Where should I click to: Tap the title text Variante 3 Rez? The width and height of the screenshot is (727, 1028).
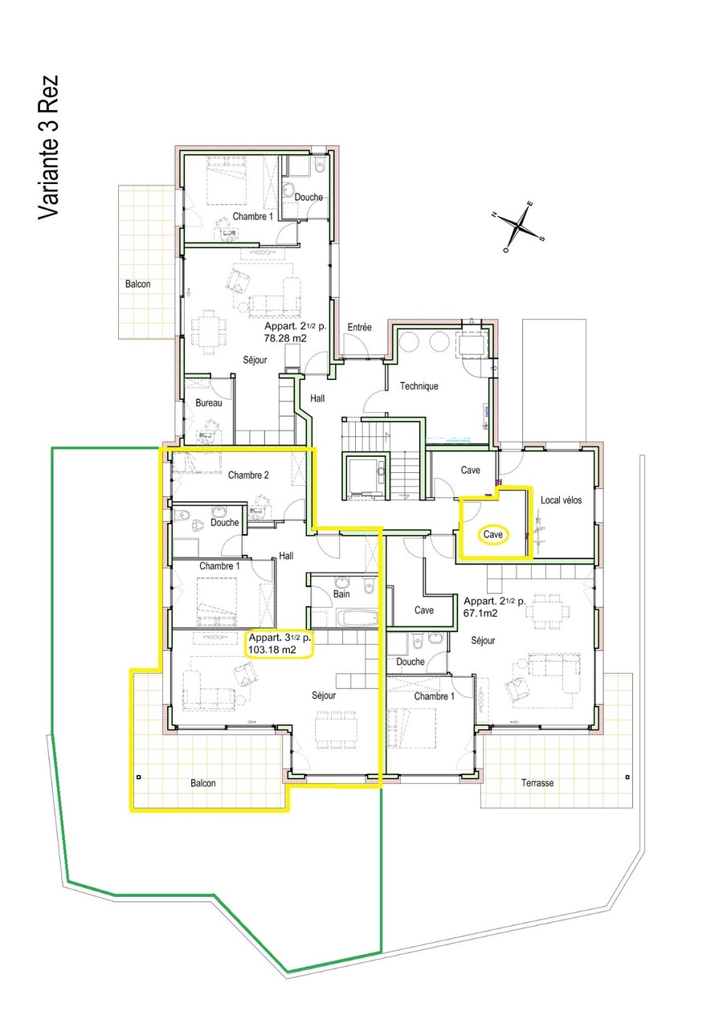pyautogui.click(x=48, y=147)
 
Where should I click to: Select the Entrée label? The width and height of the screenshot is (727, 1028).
pyautogui.click(x=359, y=328)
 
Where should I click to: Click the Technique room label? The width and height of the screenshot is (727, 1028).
pyautogui.click(x=419, y=386)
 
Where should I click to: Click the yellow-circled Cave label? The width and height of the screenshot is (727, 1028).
pyautogui.click(x=492, y=534)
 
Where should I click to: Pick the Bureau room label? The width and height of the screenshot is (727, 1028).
pyautogui.click(x=208, y=402)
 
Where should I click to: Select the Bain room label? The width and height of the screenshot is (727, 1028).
pyautogui.click(x=341, y=594)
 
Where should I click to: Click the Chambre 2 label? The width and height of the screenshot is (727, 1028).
pyautogui.click(x=248, y=475)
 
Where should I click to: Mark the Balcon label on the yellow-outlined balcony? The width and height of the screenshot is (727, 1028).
pyautogui.click(x=203, y=783)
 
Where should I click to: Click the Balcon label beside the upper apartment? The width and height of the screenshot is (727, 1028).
pyautogui.click(x=137, y=284)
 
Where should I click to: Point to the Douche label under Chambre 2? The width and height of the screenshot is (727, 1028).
pyautogui.click(x=225, y=523)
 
